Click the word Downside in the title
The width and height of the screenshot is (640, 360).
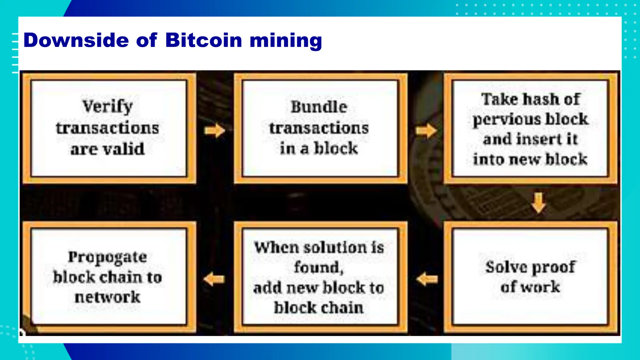76,40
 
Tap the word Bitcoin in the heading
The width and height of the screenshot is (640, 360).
203,40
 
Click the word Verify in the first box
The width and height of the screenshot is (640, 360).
108,107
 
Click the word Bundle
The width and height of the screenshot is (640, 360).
319,107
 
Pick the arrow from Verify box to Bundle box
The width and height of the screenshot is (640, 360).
215,130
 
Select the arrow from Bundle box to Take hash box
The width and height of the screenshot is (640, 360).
426,130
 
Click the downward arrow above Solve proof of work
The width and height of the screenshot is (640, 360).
538,203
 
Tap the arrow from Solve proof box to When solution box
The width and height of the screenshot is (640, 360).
427,279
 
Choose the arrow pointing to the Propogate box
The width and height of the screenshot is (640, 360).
214,279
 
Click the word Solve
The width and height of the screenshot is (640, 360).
506,267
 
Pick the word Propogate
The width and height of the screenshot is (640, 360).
107,257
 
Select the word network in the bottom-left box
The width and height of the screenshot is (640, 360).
107,297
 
